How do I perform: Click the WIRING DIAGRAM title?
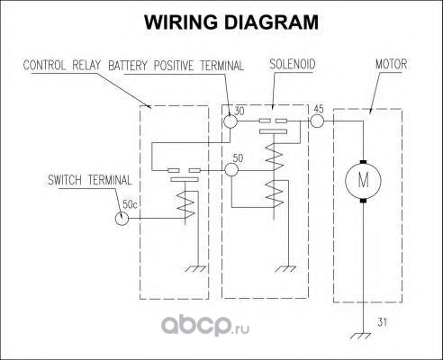pos(231,22)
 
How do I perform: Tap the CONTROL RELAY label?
pos(61,66)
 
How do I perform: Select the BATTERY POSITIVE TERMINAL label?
pos(176,66)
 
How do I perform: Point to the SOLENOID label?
pos(293,64)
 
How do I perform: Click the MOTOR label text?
pos(392,64)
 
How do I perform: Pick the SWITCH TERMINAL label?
pos(90,180)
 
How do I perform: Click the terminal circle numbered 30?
pos(231,121)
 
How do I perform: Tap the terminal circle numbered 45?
pos(317,121)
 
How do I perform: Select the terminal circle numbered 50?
pos(231,170)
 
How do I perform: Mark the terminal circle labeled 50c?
pos(122,218)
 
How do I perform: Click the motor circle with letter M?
pos(363,181)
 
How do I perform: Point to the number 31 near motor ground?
pos(382,322)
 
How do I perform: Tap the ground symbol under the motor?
pos(360,336)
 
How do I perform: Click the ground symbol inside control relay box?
pos(195,269)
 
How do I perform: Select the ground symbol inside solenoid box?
pos(285,269)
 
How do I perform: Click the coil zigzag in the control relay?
pos(185,205)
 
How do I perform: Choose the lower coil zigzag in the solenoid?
pos(275,194)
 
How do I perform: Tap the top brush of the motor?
pos(363,162)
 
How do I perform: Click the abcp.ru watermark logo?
pos(205,326)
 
